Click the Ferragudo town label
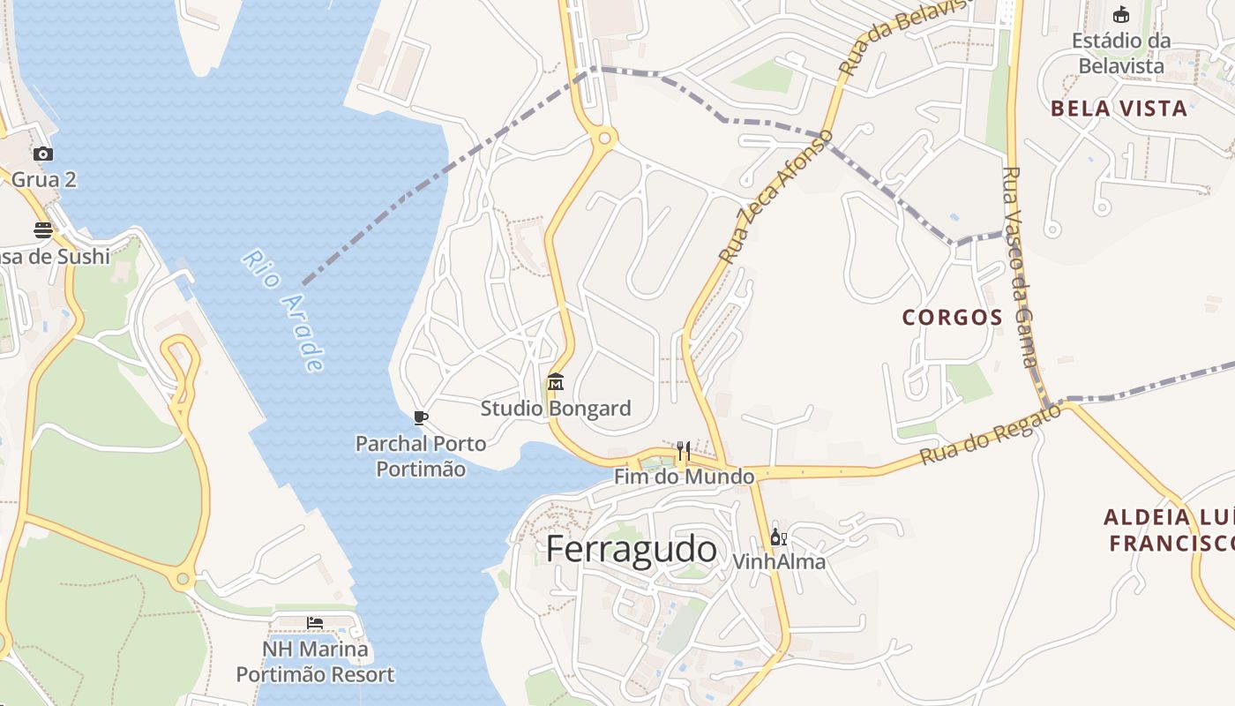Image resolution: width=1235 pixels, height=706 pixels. (x=631, y=549)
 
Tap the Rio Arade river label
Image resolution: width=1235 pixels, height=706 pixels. (x=284, y=310)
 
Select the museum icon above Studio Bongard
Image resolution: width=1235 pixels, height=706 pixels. (x=556, y=382)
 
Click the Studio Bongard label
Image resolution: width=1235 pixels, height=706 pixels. (x=556, y=409)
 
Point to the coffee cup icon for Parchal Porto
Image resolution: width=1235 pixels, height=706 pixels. (x=420, y=417)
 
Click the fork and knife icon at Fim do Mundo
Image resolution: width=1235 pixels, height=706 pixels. (x=683, y=452)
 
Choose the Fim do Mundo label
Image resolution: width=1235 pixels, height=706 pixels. (x=685, y=477)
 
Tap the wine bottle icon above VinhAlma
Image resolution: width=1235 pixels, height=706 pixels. (x=778, y=537)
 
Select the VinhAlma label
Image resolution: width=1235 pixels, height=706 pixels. (x=779, y=561)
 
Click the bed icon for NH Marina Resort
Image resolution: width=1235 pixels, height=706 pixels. (x=315, y=623)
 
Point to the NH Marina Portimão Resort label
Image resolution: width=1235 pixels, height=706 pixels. (x=315, y=662)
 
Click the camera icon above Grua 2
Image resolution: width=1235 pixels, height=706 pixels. (x=43, y=154)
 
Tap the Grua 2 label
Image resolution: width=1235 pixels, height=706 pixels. (x=44, y=180)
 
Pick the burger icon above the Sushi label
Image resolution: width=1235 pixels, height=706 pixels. (x=43, y=230)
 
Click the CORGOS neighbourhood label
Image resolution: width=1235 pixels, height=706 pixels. (x=953, y=318)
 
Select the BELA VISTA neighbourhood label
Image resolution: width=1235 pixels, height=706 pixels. (x=1119, y=109)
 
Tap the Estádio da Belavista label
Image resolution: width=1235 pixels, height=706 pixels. (x=1121, y=53)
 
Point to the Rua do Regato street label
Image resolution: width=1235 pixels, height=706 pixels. (x=990, y=434)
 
